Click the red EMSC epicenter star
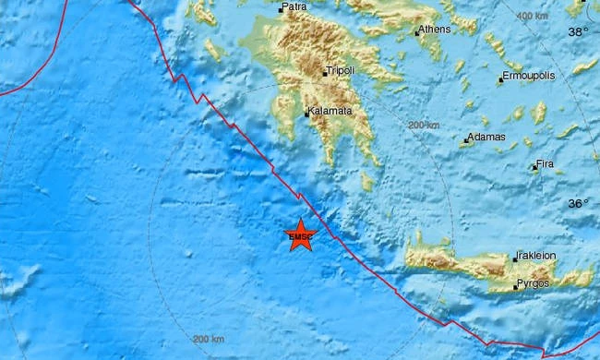pyautogui.click(x=301, y=235)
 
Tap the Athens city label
pyautogui.click(x=436, y=30)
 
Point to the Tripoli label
pyautogui.click(x=340, y=70)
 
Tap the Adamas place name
pyautogui.click(x=487, y=137)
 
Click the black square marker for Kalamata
pyautogui.click(x=307, y=114)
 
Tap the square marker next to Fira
pyautogui.click(x=534, y=167)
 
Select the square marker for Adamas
pyautogui.click(x=466, y=140)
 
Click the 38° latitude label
pyautogui.click(x=577, y=30)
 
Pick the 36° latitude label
pyautogui.click(x=577, y=203)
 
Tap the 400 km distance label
pyautogui.click(x=533, y=17)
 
